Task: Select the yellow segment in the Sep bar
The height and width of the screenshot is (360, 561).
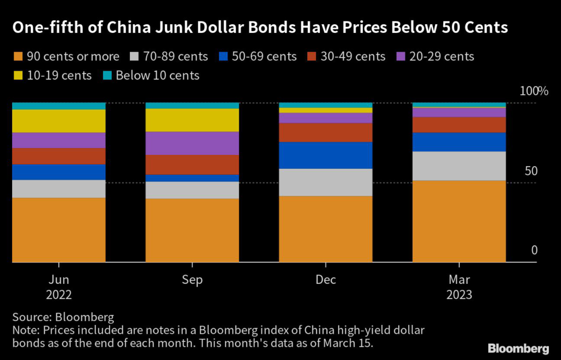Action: (192, 120)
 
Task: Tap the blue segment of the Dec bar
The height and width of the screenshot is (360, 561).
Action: (325, 155)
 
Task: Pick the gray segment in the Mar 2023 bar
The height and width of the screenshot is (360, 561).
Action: (459, 165)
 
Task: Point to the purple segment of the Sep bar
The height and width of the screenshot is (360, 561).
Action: (192, 143)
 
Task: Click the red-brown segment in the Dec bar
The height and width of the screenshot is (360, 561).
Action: (325, 132)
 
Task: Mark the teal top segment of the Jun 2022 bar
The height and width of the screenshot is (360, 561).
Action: (59, 106)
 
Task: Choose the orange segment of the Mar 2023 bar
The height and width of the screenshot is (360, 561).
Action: (459, 221)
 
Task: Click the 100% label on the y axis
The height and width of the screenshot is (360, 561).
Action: (533, 91)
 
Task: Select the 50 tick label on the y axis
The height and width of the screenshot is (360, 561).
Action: (531, 171)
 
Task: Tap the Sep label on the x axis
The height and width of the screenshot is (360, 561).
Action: (192, 280)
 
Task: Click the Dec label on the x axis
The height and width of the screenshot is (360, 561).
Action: (325, 280)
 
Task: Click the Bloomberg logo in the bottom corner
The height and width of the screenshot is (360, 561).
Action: (518, 348)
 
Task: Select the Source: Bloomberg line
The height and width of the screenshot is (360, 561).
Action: (63, 317)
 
